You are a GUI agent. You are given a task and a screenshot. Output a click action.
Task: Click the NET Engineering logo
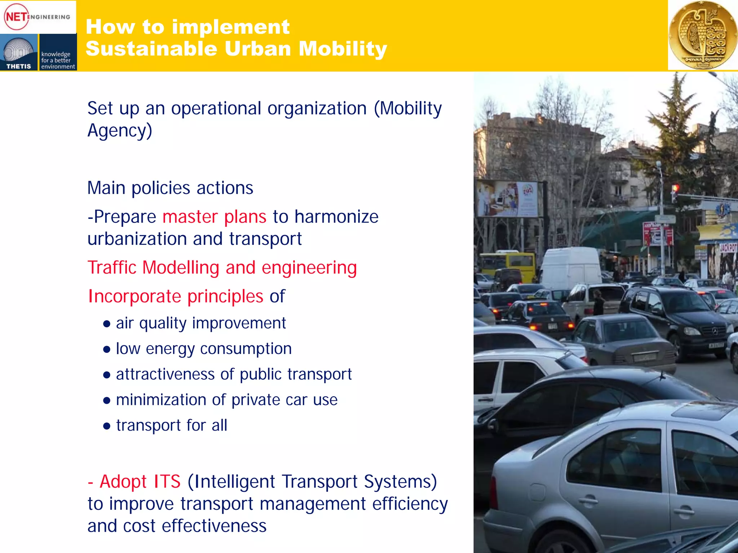37,17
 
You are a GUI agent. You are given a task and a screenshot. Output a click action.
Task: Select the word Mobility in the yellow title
343,49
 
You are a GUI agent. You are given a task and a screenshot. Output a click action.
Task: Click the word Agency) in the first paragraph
120,130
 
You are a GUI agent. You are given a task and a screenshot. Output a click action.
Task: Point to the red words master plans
214,217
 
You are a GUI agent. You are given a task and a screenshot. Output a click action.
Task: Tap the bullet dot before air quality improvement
106,324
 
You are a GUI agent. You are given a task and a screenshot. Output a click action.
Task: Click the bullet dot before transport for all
106,426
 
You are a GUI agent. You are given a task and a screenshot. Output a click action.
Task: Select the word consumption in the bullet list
246,349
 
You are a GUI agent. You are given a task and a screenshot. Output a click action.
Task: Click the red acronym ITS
167,482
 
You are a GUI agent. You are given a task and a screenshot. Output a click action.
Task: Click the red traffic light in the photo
675,188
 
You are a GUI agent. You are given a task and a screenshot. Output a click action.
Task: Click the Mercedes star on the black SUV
715,331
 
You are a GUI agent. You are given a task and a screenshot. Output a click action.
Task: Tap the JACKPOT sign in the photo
728,248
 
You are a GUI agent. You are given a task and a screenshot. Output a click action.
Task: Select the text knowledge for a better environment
58,60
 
